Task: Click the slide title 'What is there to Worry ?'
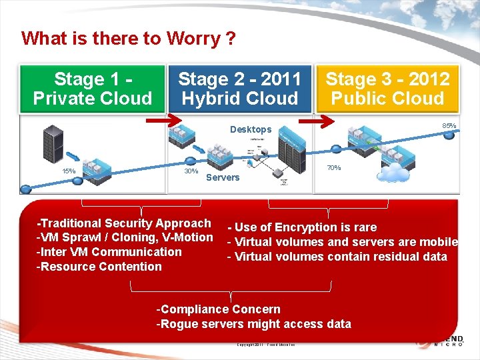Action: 128,38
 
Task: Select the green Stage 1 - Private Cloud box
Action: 93,89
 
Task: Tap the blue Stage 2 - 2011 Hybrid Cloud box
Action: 239,89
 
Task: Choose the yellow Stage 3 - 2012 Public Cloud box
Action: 387,89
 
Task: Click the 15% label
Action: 69,171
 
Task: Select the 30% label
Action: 191,171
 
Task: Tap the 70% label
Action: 334,168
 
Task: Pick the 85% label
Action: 449,125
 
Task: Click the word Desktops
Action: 251,129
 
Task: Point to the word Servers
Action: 223,177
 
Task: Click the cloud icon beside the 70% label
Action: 393,173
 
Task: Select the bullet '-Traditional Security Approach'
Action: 124,223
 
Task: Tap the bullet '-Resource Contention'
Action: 99,267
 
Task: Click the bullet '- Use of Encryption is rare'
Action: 302,227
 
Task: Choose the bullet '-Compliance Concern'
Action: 218,309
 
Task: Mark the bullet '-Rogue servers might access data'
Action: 253,324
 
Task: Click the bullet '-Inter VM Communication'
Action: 109,252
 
